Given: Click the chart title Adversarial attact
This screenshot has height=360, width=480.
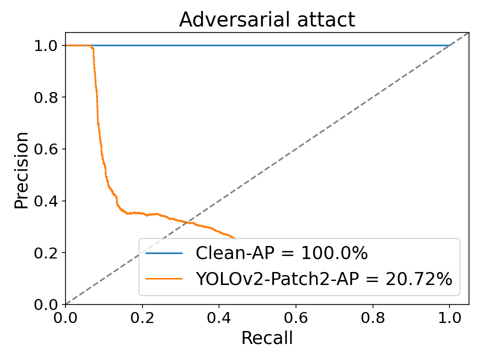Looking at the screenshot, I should pos(267,20).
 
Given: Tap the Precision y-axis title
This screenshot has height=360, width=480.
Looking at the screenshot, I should pos(21,170).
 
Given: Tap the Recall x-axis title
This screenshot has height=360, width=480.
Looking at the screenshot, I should pos(267,338).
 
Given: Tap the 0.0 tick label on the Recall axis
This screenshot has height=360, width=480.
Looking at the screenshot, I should pos(65,318).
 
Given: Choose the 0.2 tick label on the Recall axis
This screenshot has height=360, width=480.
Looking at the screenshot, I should pos(142,318).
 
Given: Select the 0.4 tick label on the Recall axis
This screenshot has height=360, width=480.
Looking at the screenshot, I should pos(219,318).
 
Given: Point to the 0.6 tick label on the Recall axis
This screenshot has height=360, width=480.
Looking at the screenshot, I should pos(296,318).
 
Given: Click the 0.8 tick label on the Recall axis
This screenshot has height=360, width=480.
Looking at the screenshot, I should pos(373,318).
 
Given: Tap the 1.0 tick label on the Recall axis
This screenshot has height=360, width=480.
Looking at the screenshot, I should pos(449,318).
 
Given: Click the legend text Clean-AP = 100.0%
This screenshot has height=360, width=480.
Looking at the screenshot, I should pos(281,253).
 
